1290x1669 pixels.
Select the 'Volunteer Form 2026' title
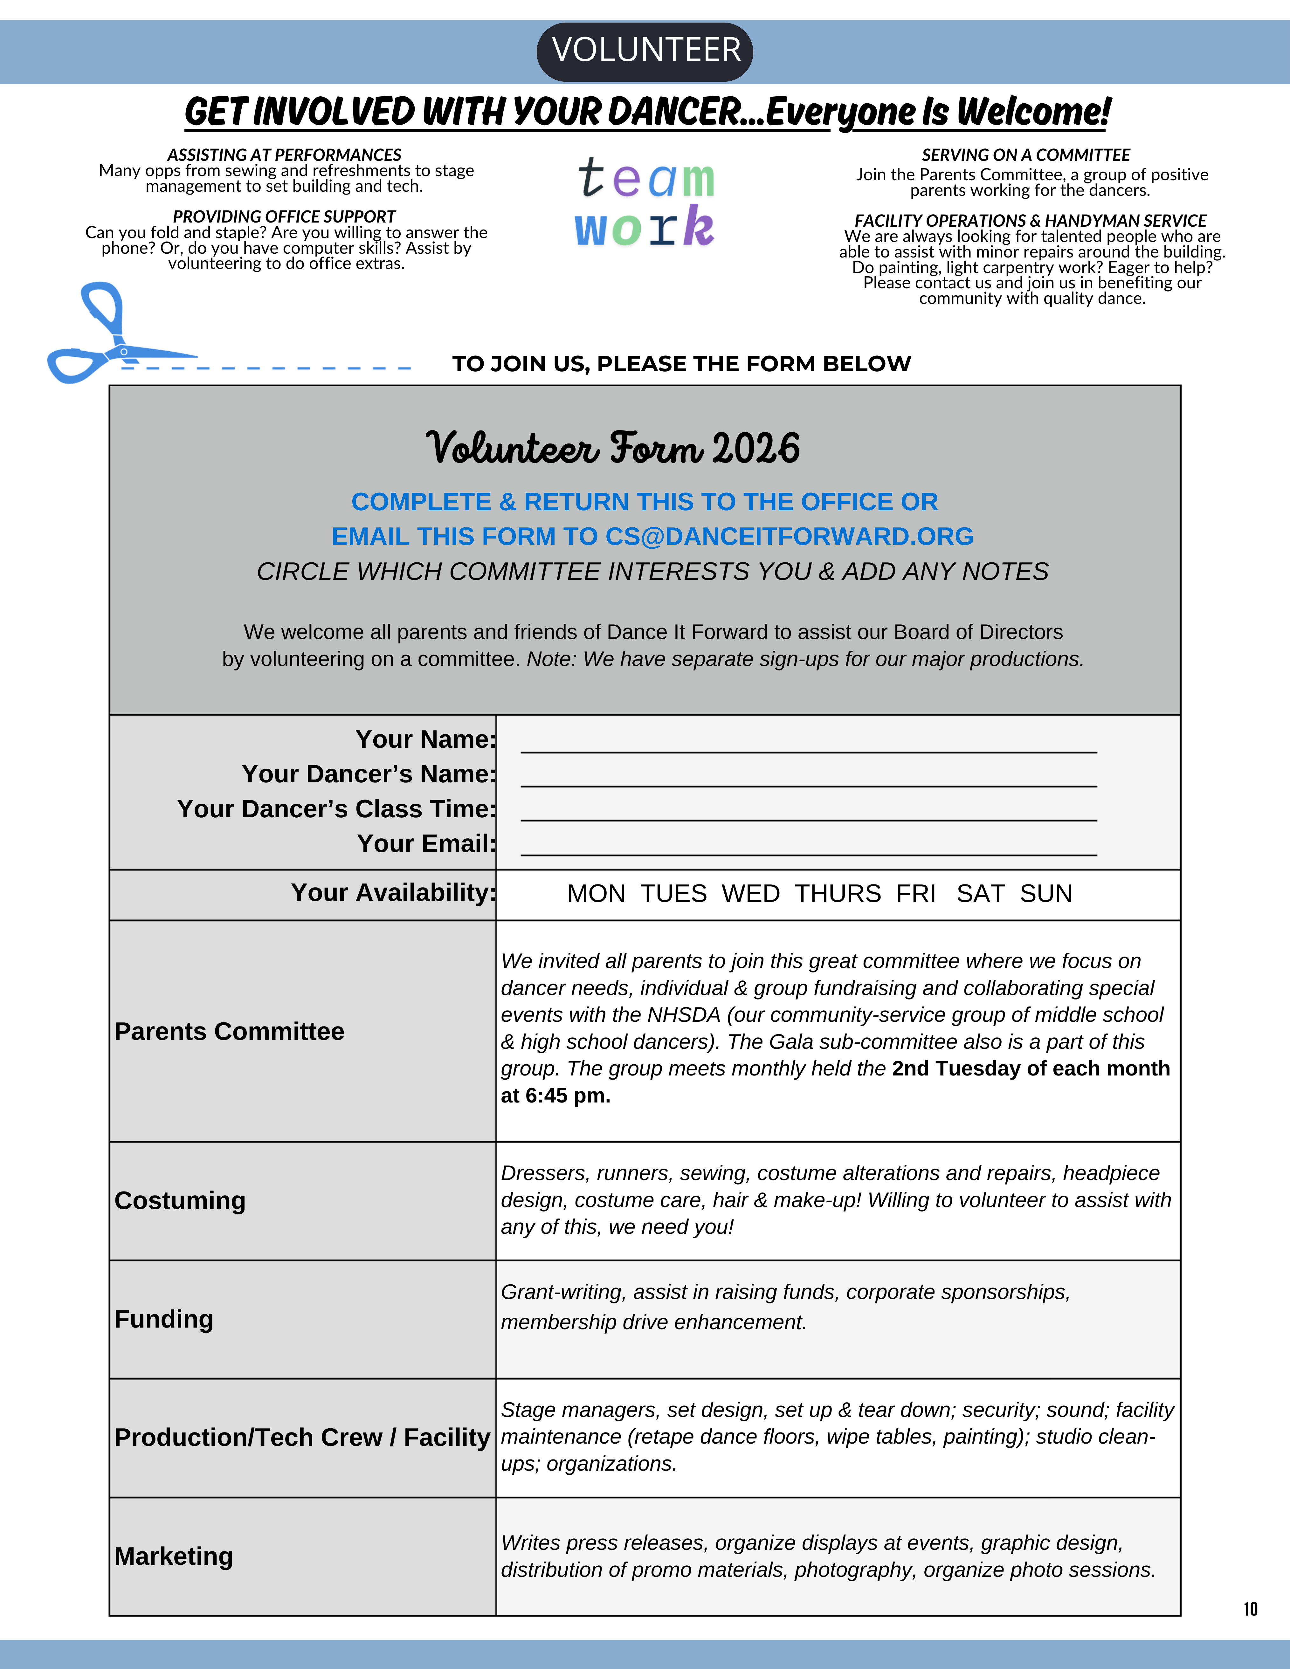613,449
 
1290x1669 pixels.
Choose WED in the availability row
750,893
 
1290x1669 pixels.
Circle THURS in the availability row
838,893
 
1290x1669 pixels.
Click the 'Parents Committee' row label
229,1032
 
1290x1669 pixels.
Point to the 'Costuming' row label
180,1200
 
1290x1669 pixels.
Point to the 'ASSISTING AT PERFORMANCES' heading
284,155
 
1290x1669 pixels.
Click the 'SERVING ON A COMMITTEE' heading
1025,155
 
